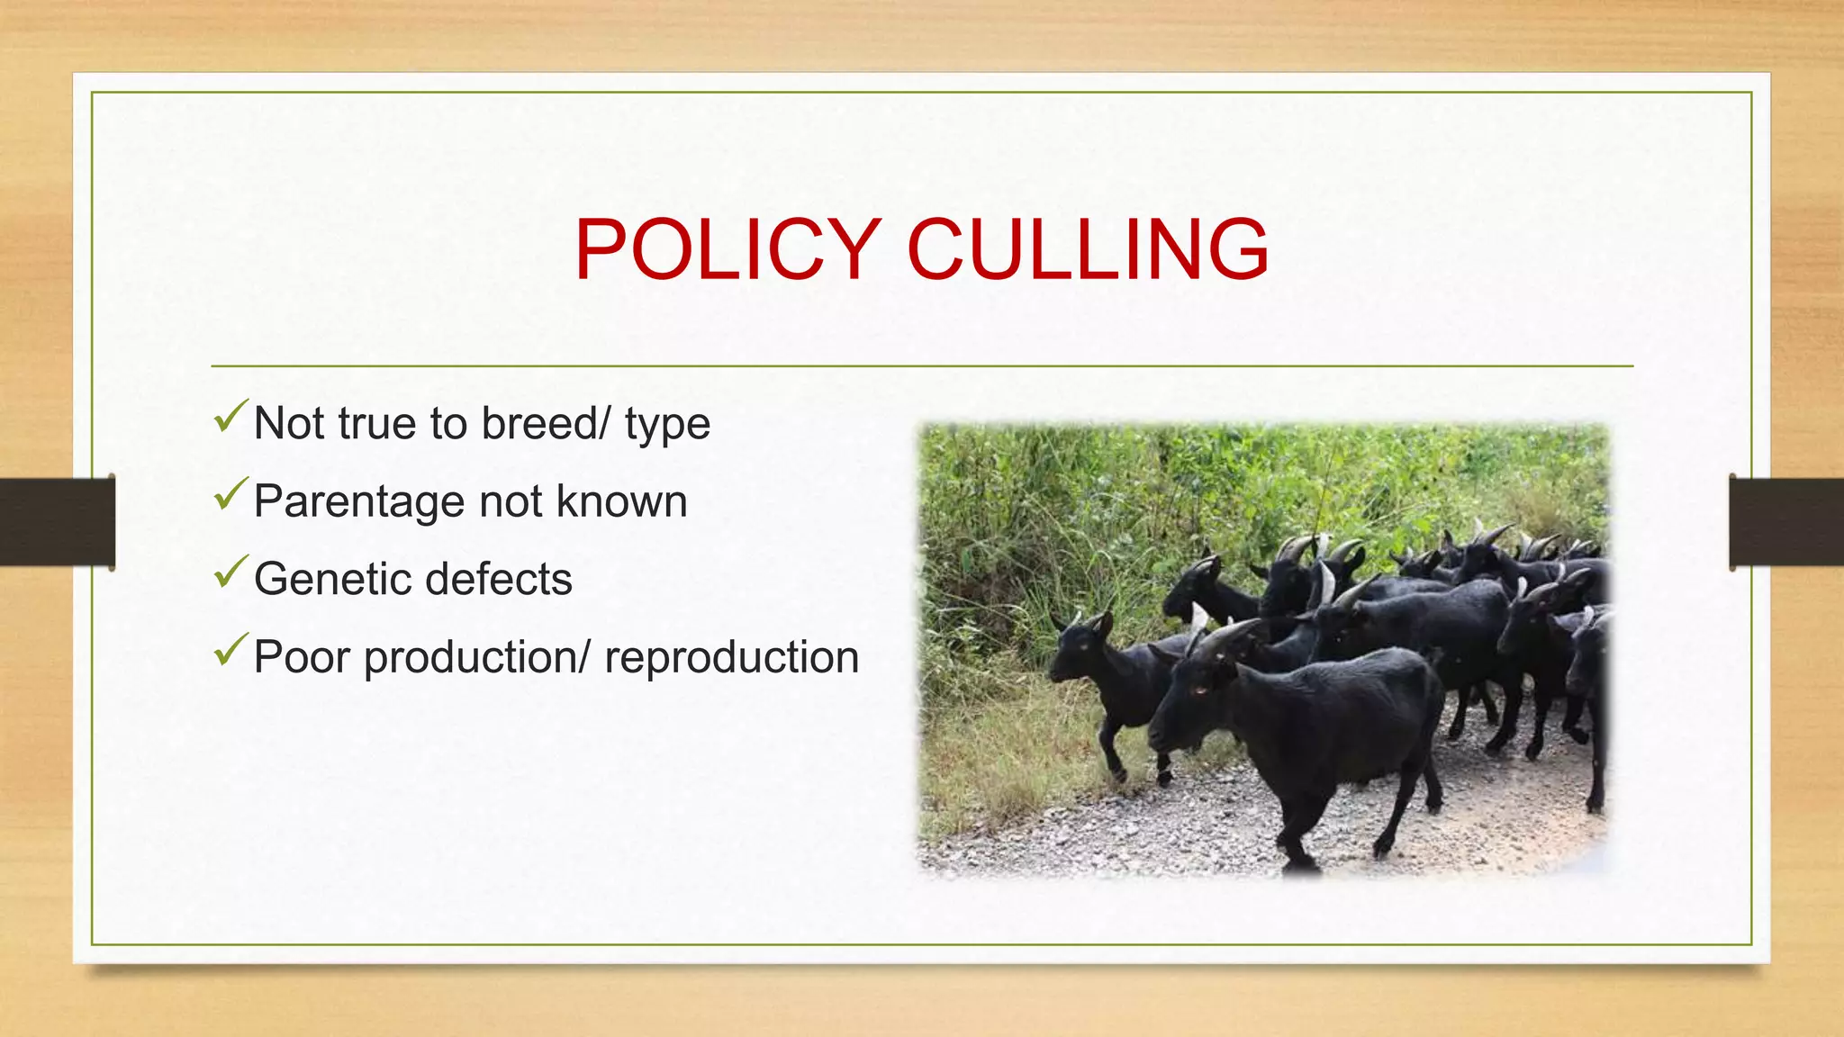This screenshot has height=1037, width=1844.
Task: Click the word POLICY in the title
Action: (728, 249)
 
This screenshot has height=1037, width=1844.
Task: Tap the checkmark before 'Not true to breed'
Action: (230, 416)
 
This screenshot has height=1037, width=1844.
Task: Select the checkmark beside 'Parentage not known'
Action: (230, 494)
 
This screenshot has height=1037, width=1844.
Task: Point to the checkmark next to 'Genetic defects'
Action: (230, 572)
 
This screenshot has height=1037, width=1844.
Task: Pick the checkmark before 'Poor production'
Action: (230, 649)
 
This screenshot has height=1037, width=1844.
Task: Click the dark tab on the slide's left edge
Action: (58, 522)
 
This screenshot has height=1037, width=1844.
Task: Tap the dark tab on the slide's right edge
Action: (1786, 522)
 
